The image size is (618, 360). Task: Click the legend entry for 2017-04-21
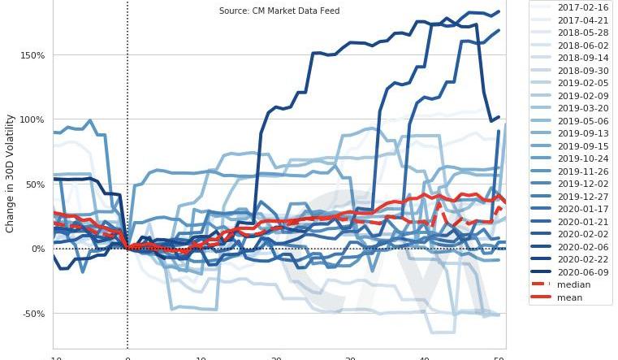[x=578, y=20]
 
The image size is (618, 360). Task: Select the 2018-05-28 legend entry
[x=578, y=33]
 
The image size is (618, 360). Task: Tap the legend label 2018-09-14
[x=578, y=58]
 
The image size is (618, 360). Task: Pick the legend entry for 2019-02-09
[x=578, y=96]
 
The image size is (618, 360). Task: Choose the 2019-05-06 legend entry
[x=578, y=121]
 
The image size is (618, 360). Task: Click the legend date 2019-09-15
[x=578, y=146]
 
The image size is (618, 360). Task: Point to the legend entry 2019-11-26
[x=578, y=171]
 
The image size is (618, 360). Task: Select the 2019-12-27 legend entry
[x=578, y=197]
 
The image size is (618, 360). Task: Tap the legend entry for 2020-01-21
[x=578, y=222]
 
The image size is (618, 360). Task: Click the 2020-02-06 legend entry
[x=578, y=247]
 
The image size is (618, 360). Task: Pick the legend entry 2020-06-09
[x=578, y=272]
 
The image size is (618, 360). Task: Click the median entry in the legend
[x=573, y=285]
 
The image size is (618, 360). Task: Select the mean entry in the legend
[x=571, y=297]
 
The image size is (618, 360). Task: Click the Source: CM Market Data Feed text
[x=279, y=11]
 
